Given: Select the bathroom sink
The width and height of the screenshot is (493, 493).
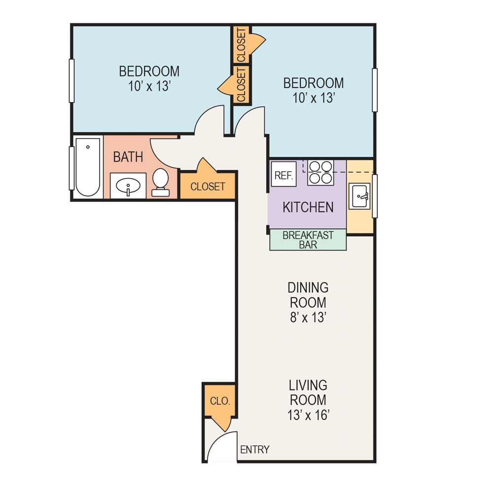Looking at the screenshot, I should (128, 186).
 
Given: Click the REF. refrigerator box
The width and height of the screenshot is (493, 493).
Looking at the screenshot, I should (283, 175).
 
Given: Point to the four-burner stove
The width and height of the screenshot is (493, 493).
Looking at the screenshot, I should (320, 173).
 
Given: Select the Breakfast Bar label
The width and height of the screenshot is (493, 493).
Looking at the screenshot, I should (308, 240).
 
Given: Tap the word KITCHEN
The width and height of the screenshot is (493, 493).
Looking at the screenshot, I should (308, 208).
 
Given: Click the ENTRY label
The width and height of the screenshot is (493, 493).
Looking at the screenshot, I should (255, 450).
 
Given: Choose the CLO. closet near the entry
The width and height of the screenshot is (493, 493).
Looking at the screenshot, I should (219, 400).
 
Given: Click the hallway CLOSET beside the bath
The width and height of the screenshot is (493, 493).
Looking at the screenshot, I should (208, 187).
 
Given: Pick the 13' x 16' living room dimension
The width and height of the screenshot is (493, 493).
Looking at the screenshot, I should (308, 415).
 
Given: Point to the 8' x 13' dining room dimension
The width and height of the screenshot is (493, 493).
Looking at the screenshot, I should (308, 317).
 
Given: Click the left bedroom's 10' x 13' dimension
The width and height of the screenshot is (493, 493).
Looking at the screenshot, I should (149, 86).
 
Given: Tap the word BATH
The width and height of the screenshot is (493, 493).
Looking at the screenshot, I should (128, 157).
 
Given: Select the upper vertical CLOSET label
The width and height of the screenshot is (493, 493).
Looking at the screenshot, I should (241, 45).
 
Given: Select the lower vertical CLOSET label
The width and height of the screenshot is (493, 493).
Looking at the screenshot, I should (241, 85).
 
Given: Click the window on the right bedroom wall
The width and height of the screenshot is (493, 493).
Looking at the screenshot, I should (375, 90).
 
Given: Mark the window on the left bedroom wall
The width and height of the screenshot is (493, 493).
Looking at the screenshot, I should (72, 80).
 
